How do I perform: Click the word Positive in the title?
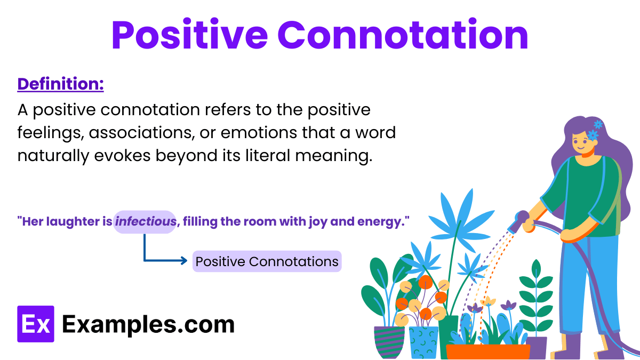click(x=189, y=35)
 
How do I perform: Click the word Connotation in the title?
click(x=402, y=35)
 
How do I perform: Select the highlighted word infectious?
click(x=145, y=222)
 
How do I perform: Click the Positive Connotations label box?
click(x=267, y=262)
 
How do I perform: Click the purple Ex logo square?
click(x=36, y=324)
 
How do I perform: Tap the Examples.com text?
click(x=148, y=324)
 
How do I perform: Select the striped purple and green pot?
click(x=389, y=341)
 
